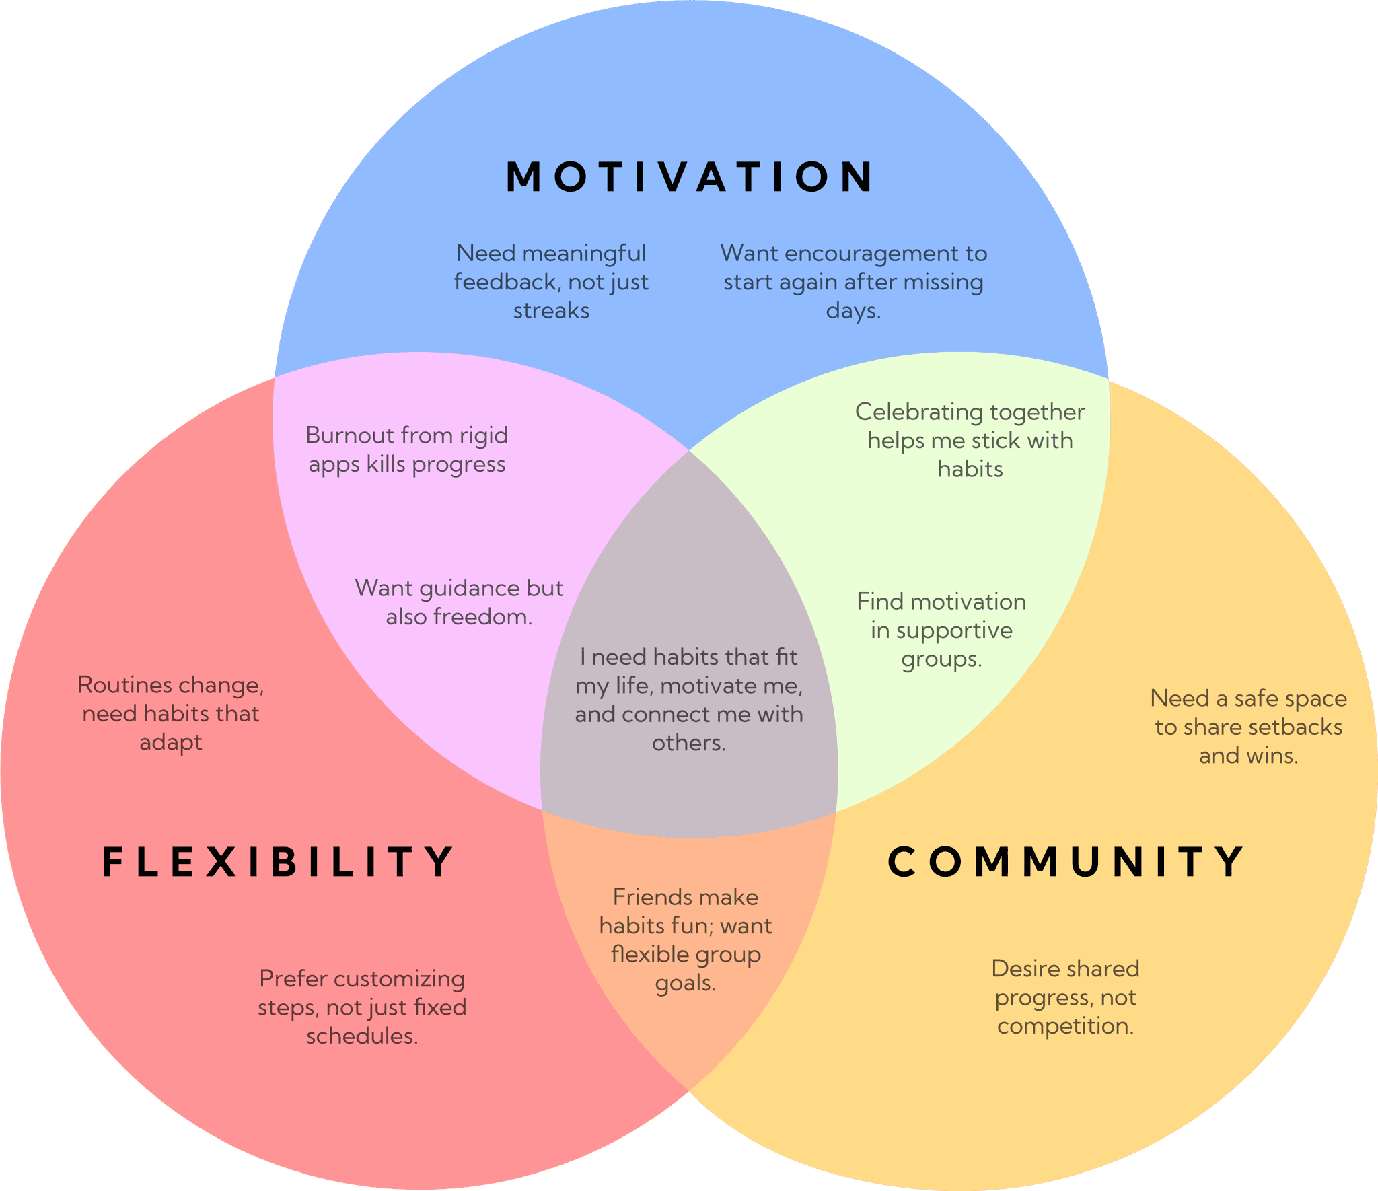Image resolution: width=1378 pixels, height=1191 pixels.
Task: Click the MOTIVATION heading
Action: pos(689,177)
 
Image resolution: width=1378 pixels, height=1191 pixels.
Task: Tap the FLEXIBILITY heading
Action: pos(277,862)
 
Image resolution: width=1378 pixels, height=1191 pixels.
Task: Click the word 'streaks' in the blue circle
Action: pos(551,310)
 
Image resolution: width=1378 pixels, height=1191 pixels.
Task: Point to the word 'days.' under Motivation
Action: pos(853,310)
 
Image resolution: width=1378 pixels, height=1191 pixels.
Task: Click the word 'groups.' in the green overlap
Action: pos(941,659)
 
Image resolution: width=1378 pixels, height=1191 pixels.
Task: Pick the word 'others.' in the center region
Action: pos(688,743)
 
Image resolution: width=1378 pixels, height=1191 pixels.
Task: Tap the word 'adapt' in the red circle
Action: pos(170,743)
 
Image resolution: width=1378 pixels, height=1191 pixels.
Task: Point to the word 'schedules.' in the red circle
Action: pos(362,1036)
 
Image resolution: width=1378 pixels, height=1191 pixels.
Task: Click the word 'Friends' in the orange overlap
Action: pos(651,897)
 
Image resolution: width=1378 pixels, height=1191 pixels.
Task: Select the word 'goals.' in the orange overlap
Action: pos(685,984)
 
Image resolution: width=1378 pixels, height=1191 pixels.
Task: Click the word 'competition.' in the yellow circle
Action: pos(1065,1026)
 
